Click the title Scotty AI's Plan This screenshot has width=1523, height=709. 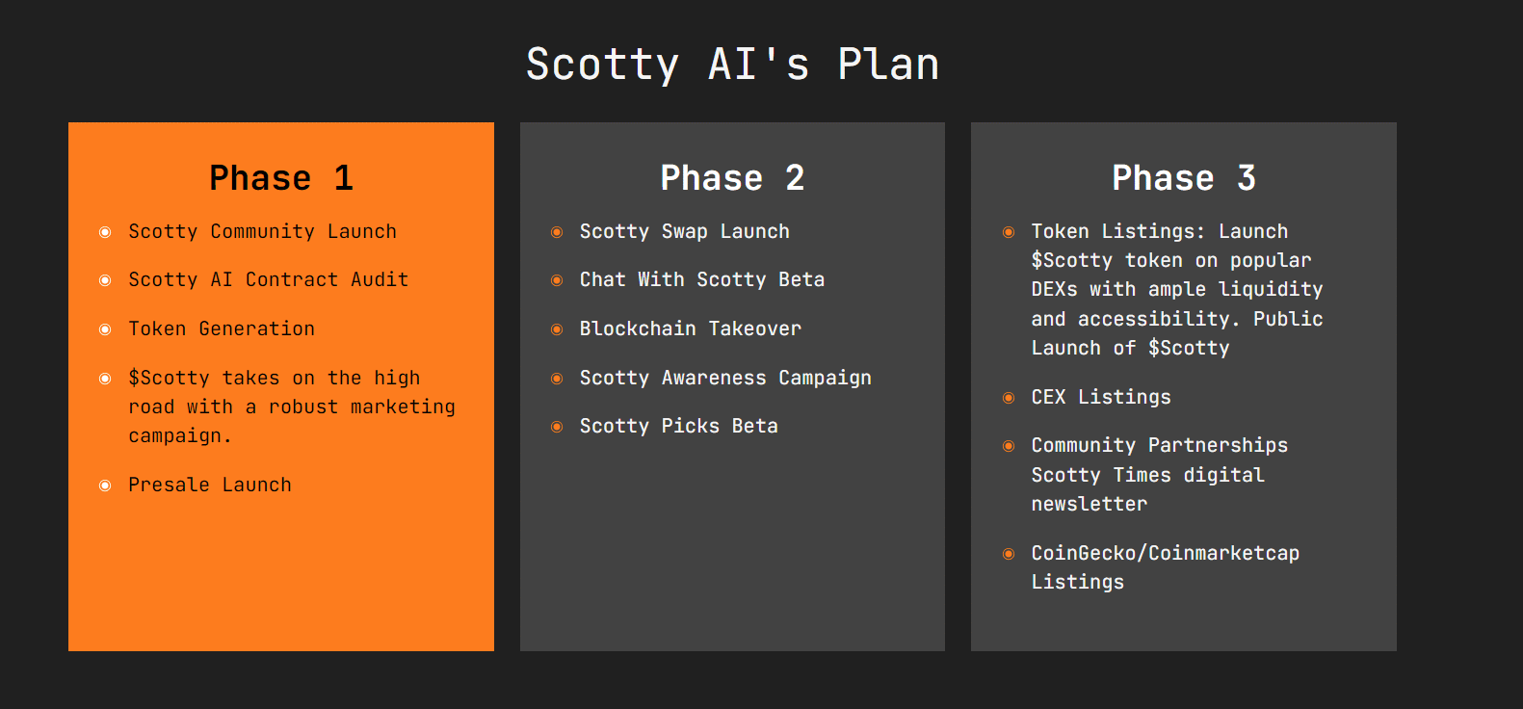pyautogui.click(x=732, y=65)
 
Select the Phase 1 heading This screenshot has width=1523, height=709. pyautogui.click(x=280, y=178)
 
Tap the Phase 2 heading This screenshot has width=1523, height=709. pyautogui.click(x=732, y=178)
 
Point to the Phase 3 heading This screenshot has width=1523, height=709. pyautogui.click(x=1184, y=178)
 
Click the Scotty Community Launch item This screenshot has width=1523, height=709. pyautogui.click(x=262, y=232)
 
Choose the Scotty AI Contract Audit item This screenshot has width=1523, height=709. pyautogui.click(x=269, y=280)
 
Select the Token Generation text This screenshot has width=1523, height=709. pyautogui.click(x=222, y=329)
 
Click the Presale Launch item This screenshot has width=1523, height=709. pyautogui.click(x=210, y=485)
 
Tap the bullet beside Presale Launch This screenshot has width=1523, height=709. pyautogui.click(x=105, y=486)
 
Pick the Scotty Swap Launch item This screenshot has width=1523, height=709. pyautogui.click(x=685, y=232)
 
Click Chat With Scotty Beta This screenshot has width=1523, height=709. pyautogui.click(x=702, y=280)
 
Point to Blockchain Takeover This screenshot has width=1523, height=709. pyautogui.click(x=691, y=329)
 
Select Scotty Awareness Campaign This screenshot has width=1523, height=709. pyautogui.click(x=725, y=378)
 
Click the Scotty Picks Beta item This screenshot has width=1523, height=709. pyautogui.click(x=678, y=426)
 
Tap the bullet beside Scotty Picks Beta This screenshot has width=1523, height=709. pyautogui.click(x=557, y=427)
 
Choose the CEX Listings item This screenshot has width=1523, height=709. pyautogui.click(x=1101, y=397)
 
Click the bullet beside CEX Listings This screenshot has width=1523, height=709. pyautogui.click(x=1009, y=398)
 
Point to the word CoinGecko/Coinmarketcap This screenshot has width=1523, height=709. pyautogui.click(x=1166, y=553)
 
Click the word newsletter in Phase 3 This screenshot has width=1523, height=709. pyautogui.click(x=1090, y=505)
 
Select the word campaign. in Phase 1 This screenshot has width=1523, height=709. pyautogui.click(x=180, y=436)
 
